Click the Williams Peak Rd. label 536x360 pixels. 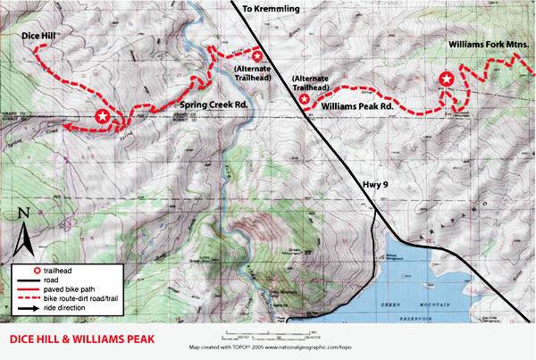[357, 105]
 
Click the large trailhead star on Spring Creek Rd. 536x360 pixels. [103, 116]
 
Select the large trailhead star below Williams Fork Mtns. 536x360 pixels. [448, 80]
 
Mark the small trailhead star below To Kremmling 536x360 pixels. [258, 55]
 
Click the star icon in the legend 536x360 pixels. [37, 270]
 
